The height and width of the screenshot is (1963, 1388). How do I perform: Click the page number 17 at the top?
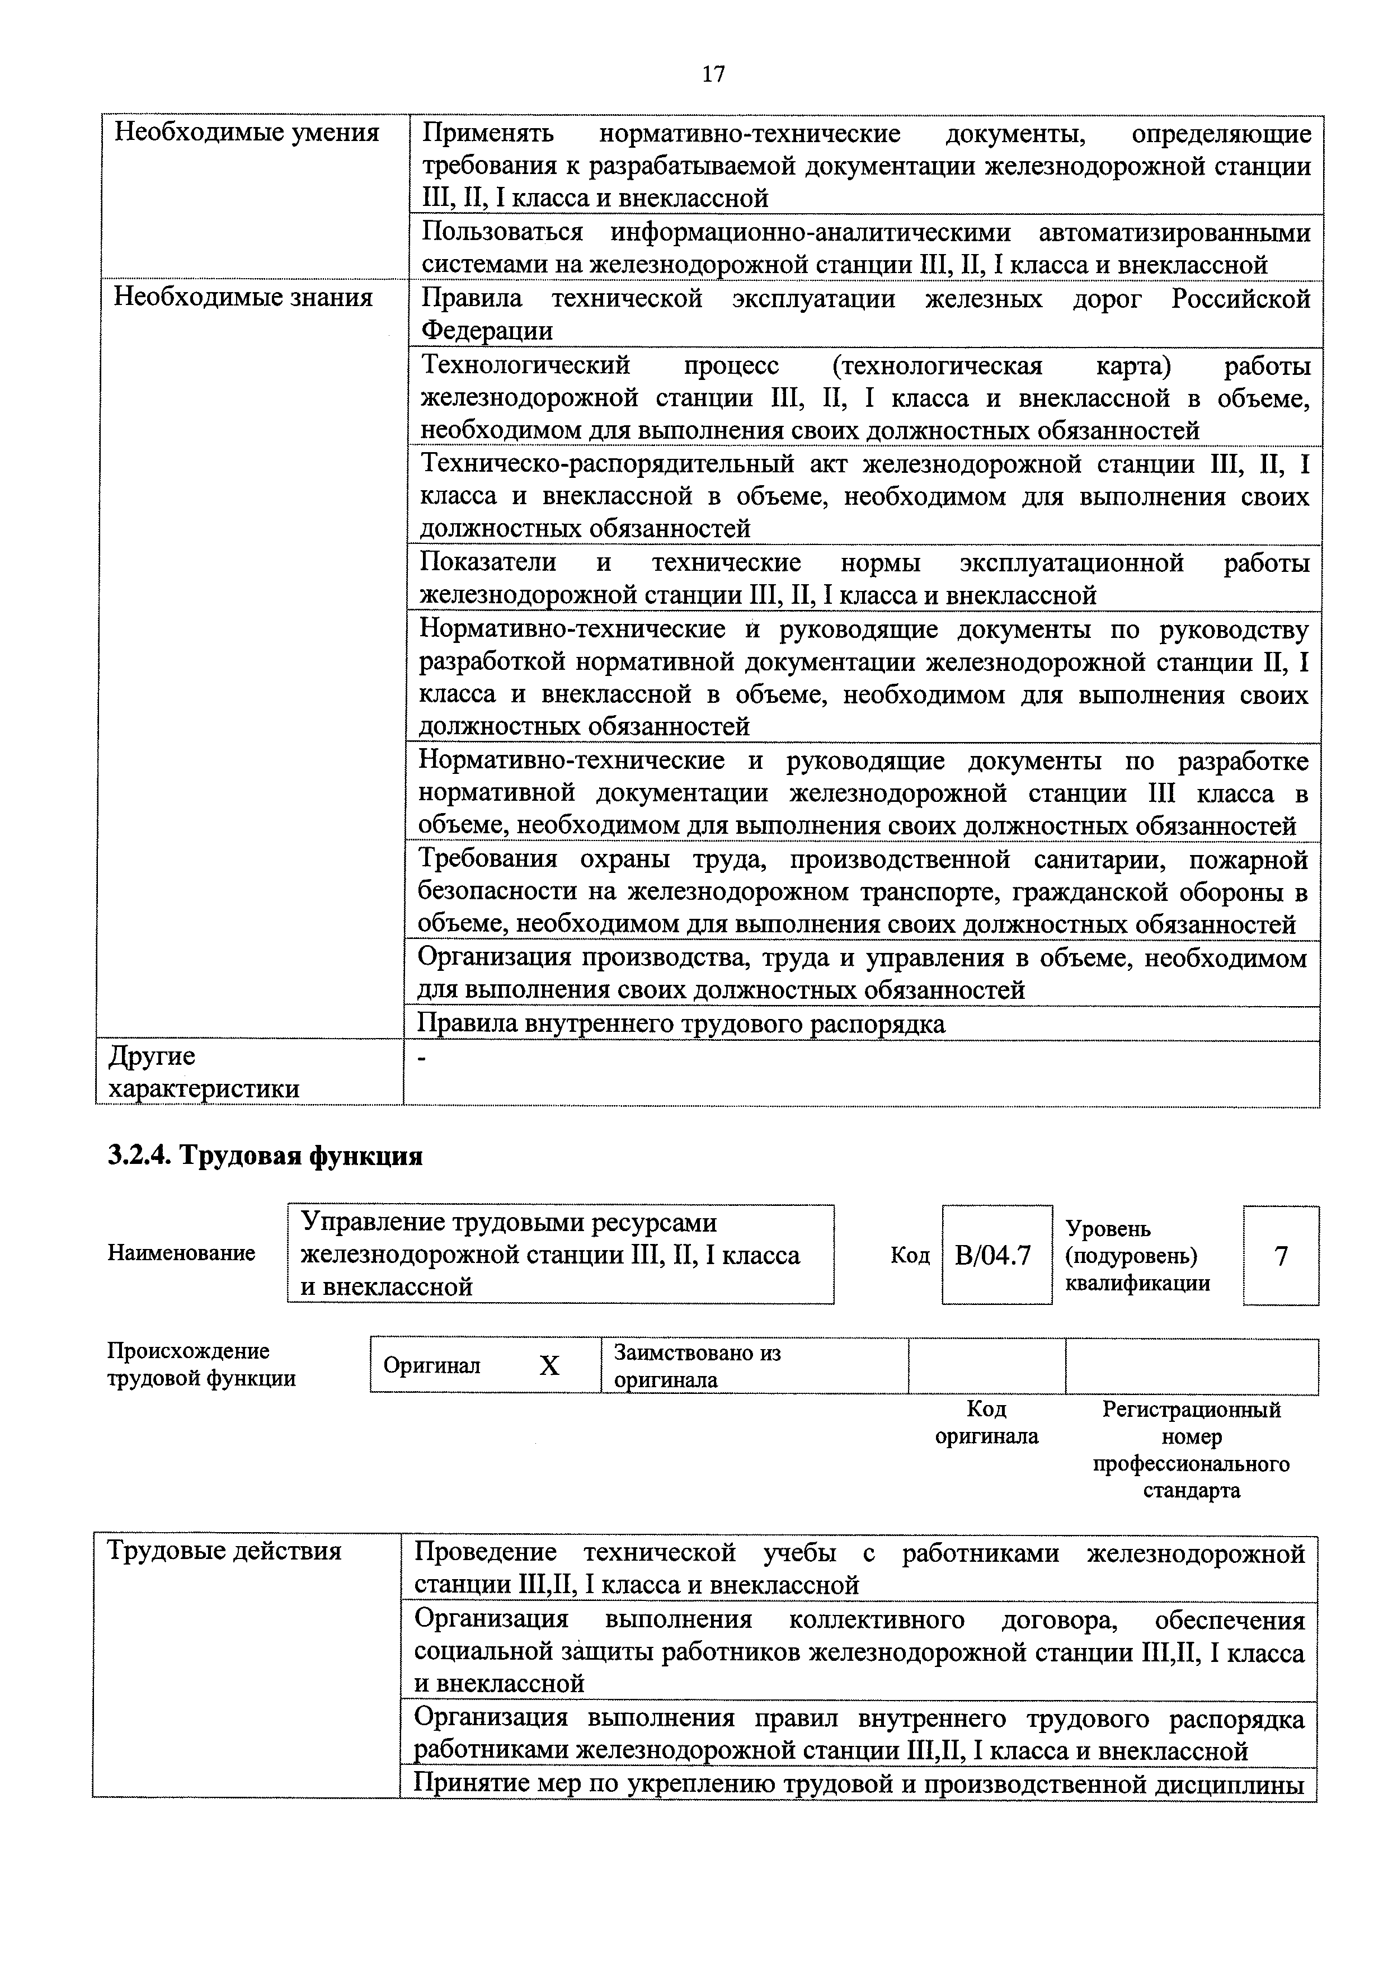coord(713,74)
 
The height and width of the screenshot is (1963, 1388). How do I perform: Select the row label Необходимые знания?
coord(243,298)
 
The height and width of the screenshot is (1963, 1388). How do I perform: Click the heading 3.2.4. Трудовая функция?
coord(265,1156)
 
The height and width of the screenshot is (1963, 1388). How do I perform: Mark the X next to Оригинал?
coord(549,1366)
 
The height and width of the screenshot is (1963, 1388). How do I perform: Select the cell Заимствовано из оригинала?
coord(698,1366)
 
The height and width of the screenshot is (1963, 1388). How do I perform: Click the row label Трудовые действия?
coord(224,1551)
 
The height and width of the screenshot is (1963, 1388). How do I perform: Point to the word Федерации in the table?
coord(487,331)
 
